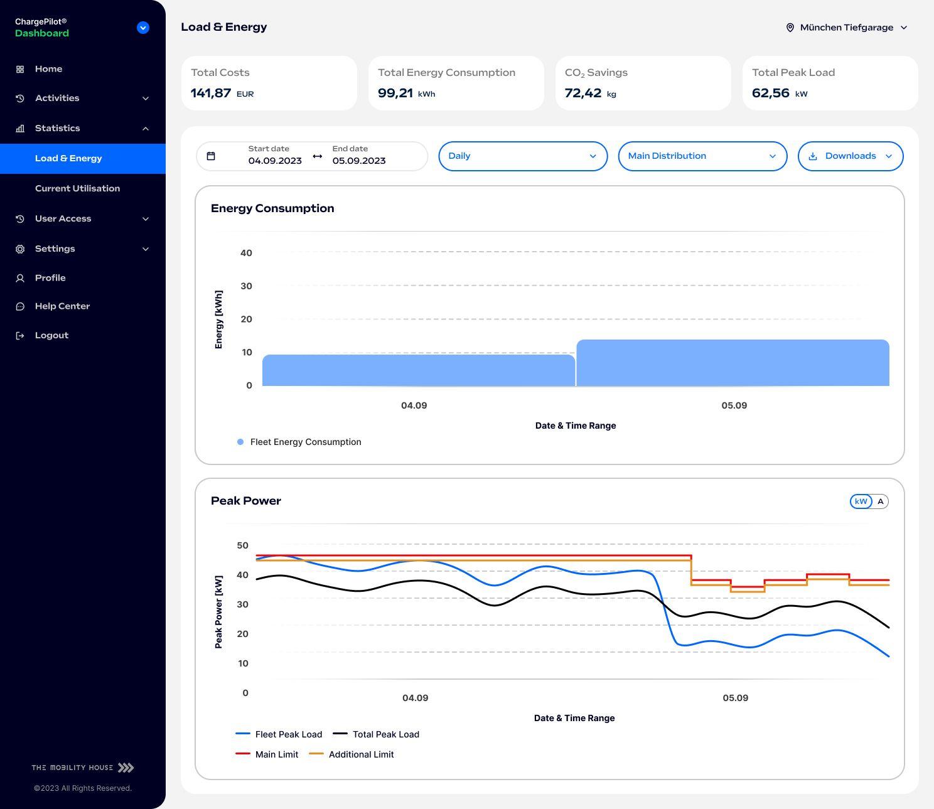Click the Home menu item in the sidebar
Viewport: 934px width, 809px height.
(48, 69)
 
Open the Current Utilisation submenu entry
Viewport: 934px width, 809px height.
(77, 188)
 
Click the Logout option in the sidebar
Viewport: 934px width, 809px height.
(51, 335)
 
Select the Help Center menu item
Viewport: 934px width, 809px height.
(62, 306)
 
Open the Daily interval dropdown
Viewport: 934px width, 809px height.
(522, 156)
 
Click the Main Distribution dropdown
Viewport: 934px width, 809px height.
(702, 156)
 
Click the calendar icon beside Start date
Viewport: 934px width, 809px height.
(211, 156)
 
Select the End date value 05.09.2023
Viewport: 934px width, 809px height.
(359, 161)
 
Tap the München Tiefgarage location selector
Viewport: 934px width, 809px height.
(846, 28)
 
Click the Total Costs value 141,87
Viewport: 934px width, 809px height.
(211, 93)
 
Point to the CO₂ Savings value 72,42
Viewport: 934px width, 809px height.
(583, 93)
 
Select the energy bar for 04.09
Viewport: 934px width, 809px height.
(418, 370)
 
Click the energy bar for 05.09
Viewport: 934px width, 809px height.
(733, 363)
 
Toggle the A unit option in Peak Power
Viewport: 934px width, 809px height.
(880, 501)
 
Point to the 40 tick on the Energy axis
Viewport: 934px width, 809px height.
(246, 253)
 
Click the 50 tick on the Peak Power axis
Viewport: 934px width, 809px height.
(242, 545)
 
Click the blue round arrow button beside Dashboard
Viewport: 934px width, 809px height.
(143, 28)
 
